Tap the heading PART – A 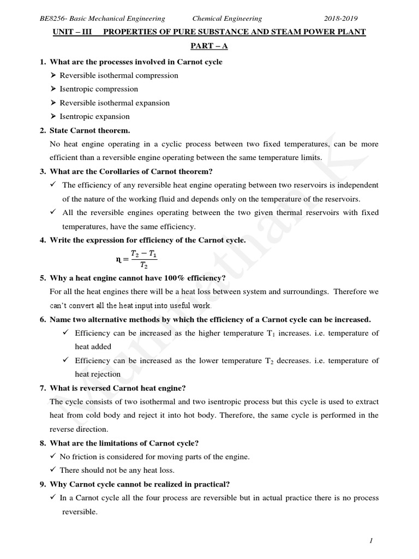coord(209,47)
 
